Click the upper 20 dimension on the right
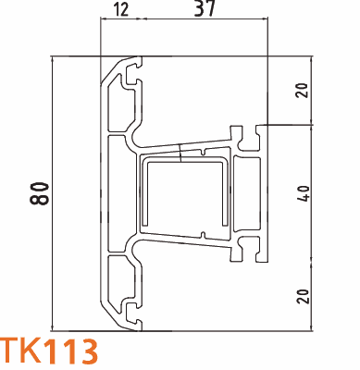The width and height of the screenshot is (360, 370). [x=302, y=90]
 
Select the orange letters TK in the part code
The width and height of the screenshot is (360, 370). [x=20, y=352]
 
